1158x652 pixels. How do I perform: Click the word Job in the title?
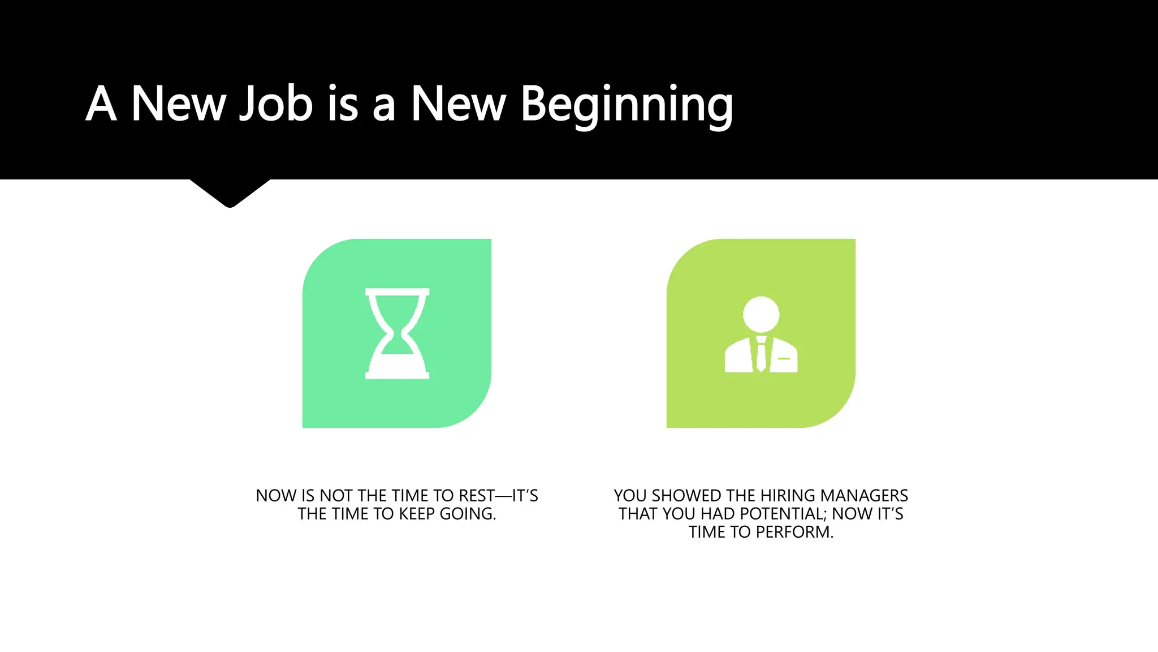click(276, 104)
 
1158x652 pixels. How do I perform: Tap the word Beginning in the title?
click(626, 105)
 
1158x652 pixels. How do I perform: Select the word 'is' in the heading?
click(343, 104)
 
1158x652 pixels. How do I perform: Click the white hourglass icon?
click(397, 333)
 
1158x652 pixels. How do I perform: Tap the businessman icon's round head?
click(761, 314)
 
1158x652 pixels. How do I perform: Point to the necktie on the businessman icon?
click(761, 354)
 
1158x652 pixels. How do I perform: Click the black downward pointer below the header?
click(230, 192)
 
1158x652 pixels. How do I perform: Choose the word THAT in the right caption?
click(638, 514)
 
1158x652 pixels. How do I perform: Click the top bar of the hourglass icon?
click(397, 292)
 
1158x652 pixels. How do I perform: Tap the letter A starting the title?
click(101, 104)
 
